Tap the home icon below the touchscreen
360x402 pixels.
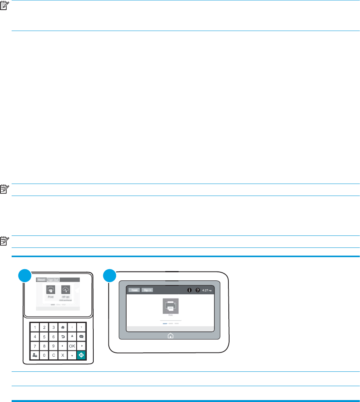pos(170,336)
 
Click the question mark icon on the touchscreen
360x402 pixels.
pos(197,290)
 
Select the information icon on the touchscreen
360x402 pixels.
pos(190,290)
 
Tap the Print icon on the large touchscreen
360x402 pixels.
pos(170,306)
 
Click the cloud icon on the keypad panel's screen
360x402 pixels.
pos(67,290)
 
